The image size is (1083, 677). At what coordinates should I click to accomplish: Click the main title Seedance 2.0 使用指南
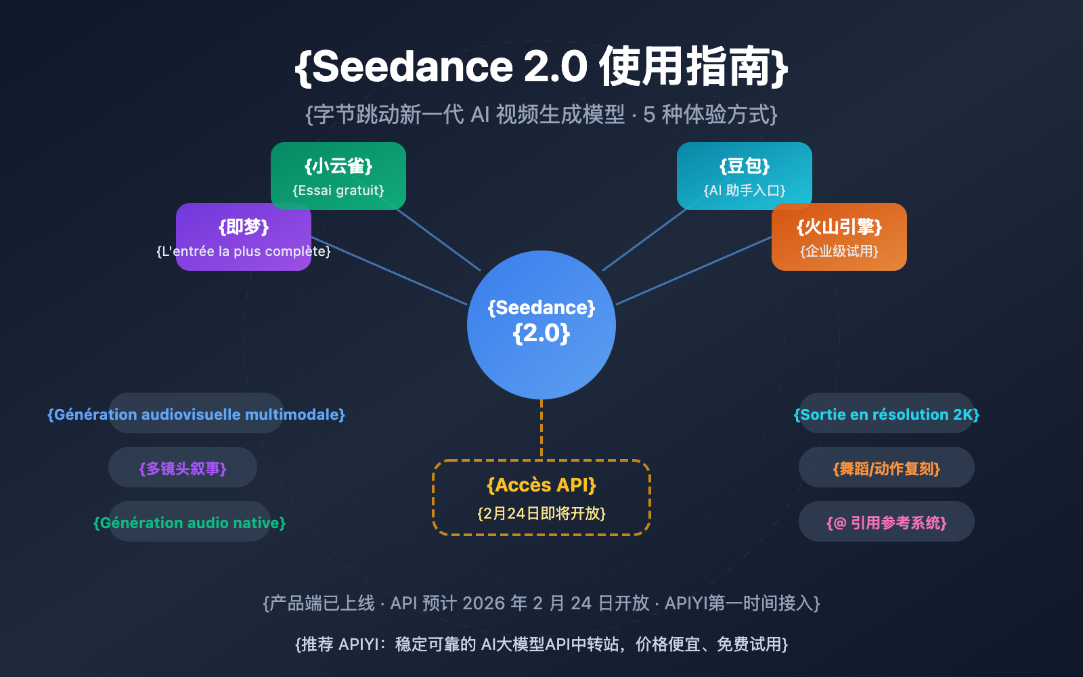(541, 66)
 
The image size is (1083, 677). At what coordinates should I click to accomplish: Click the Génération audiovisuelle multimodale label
(196, 414)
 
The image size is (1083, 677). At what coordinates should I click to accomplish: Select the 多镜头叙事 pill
(183, 468)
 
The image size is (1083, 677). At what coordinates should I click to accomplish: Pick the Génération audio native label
(190, 523)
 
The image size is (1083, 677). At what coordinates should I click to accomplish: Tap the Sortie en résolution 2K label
(887, 414)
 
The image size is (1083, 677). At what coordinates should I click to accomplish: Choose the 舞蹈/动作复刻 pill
(887, 468)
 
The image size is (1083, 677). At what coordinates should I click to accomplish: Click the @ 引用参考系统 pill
(887, 523)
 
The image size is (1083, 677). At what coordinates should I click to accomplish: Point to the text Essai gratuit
(338, 190)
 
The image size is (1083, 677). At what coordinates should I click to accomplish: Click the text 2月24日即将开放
(541, 513)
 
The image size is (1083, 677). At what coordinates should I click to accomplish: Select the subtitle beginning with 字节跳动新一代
(541, 114)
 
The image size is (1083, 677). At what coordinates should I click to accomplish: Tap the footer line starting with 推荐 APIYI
(541, 644)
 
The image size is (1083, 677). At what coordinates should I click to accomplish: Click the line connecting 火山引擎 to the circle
(694, 271)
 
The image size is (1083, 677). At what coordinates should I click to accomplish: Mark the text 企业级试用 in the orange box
(839, 251)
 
